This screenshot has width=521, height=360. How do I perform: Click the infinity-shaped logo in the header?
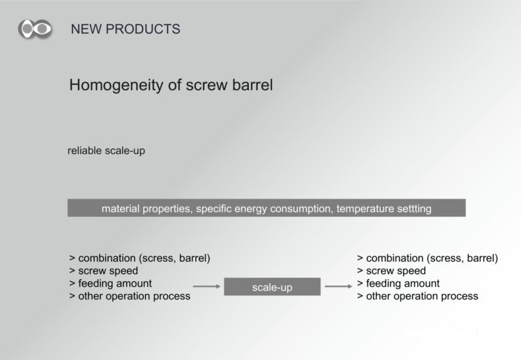click(35, 29)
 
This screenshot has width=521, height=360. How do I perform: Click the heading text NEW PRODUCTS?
click(126, 29)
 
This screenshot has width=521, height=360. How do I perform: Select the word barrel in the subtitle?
click(252, 85)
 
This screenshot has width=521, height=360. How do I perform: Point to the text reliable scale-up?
click(107, 151)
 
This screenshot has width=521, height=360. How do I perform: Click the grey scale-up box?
click(272, 287)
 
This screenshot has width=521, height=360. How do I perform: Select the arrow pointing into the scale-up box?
click(207, 286)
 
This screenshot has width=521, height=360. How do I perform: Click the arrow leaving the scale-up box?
click(339, 286)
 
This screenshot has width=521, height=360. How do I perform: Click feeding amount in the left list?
click(115, 283)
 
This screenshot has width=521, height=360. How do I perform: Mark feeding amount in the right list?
click(403, 283)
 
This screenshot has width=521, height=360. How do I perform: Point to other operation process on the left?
click(134, 296)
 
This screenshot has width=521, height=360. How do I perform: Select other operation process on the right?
click(422, 296)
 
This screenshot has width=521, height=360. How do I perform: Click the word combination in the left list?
click(107, 258)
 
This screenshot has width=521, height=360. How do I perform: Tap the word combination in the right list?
click(395, 258)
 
